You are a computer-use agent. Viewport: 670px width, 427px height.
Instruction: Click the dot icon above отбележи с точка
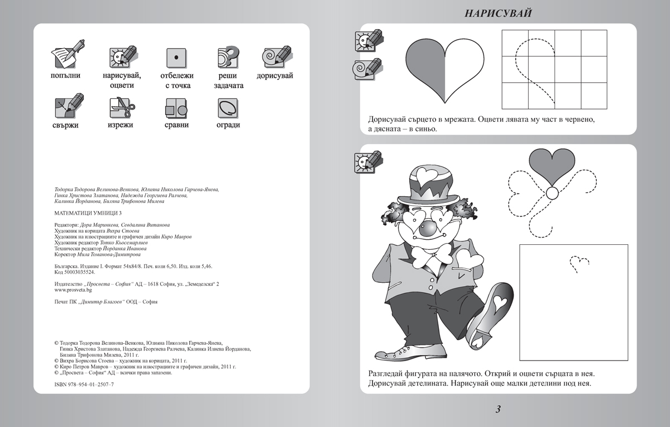click(176, 56)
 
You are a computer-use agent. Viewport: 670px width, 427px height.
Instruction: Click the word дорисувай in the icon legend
click(275, 75)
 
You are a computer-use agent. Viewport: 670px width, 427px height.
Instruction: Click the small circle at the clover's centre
click(552, 193)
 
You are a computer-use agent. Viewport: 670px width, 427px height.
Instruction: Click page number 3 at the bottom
click(498, 409)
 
